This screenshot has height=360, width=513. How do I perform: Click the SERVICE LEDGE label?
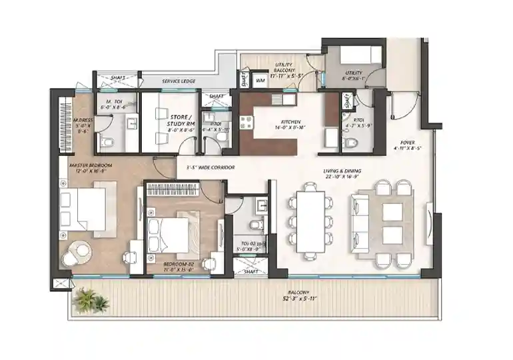(178, 81)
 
